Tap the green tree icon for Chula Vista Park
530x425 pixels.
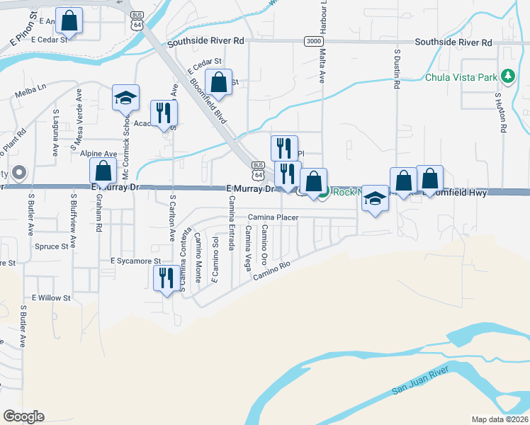507,76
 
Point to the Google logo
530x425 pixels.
23,416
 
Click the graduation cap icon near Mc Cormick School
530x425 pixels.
125,98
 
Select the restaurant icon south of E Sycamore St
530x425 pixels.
166,278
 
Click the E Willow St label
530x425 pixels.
51,298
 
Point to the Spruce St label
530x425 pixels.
55,246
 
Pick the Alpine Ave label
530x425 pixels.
98,153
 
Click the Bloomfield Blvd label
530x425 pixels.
208,102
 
